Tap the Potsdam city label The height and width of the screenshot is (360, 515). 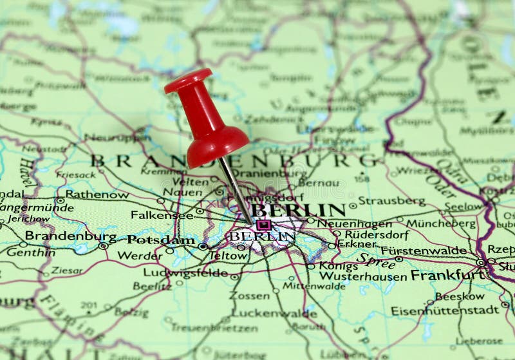[160, 240]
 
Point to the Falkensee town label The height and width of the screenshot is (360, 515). [162, 214]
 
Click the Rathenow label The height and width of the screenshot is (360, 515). [97, 194]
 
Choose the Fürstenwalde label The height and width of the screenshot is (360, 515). [424, 251]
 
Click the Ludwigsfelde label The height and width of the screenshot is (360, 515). [185, 272]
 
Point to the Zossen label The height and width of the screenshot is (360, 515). [250, 296]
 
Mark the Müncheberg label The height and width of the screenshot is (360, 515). [440, 223]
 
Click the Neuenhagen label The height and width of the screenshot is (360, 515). [354, 223]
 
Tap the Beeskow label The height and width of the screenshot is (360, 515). [460, 296]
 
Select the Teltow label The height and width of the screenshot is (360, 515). [228, 256]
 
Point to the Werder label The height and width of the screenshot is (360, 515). [140, 256]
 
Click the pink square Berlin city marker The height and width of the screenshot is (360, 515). [263, 225]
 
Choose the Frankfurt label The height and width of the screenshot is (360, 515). [447, 275]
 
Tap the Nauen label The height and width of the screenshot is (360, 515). [182, 191]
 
